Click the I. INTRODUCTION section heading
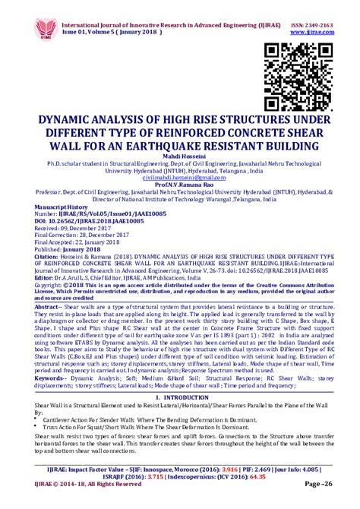(x=180, y=397)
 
